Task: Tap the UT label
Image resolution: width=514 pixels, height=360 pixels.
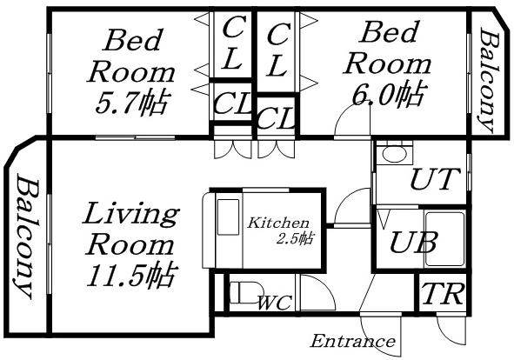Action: coord(432,181)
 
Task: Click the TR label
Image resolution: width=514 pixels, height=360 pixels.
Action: coord(442,295)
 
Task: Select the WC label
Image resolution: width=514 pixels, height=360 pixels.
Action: coord(274,303)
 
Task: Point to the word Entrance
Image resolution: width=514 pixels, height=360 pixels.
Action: coord(353,340)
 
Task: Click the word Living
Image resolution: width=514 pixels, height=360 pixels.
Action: coord(130,214)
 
